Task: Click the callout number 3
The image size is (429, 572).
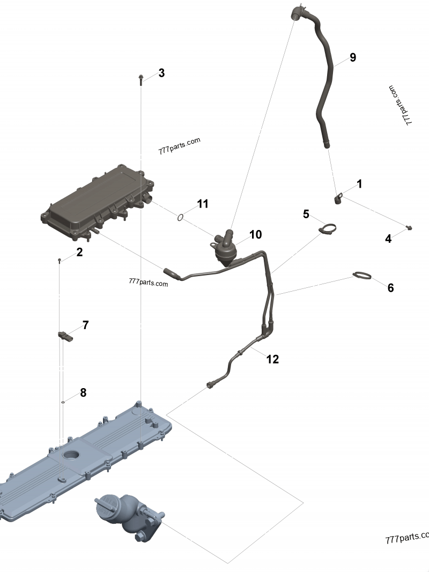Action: click(161, 73)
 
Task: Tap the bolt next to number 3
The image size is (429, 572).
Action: click(140, 80)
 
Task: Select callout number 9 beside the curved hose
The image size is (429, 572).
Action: click(352, 57)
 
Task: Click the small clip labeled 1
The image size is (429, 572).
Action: click(338, 199)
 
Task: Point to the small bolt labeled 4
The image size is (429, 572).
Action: click(410, 228)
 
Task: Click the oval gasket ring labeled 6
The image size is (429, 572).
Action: click(363, 276)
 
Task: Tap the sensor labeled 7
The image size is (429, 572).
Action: click(65, 336)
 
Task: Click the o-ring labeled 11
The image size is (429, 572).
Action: click(181, 218)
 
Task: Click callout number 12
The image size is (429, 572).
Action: click(272, 359)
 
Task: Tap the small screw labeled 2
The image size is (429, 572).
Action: click(60, 260)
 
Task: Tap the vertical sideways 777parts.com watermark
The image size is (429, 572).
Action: click(401, 105)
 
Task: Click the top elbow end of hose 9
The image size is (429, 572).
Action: click(298, 12)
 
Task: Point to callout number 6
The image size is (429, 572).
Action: click(390, 288)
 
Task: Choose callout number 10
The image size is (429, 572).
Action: click(255, 235)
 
